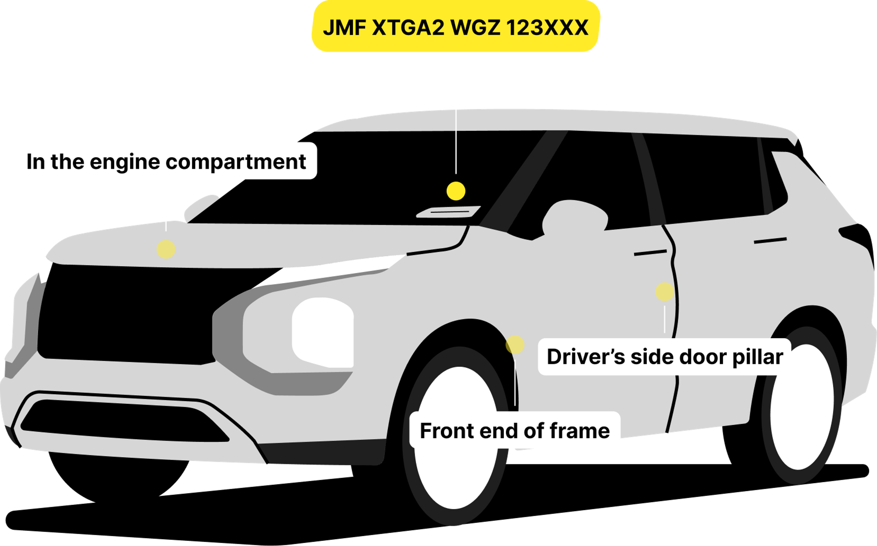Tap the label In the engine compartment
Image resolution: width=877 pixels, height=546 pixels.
pyautogui.click(x=166, y=161)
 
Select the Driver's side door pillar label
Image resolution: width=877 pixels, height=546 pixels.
pyautogui.click(x=665, y=357)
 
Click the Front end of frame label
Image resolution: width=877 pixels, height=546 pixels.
pyautogui.click(x=515, y=430)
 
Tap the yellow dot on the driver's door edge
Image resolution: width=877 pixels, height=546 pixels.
pyautogui.click(x=665, y=291)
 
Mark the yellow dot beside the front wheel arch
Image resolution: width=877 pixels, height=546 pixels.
pyautogui.click(x=515, y=344)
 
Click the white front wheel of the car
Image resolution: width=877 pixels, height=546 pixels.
pyautogui.click(x=456, y=437)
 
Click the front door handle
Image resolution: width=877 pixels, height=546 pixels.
pyautogui.click(x=650, y=252)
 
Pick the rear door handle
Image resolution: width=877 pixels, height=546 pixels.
pyautogui.click(x=770, y=241)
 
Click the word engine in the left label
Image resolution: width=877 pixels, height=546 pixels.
pyautogui.click(x=125, y=161)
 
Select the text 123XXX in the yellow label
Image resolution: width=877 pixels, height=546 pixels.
pyautogui.click(x=548, y=27)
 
